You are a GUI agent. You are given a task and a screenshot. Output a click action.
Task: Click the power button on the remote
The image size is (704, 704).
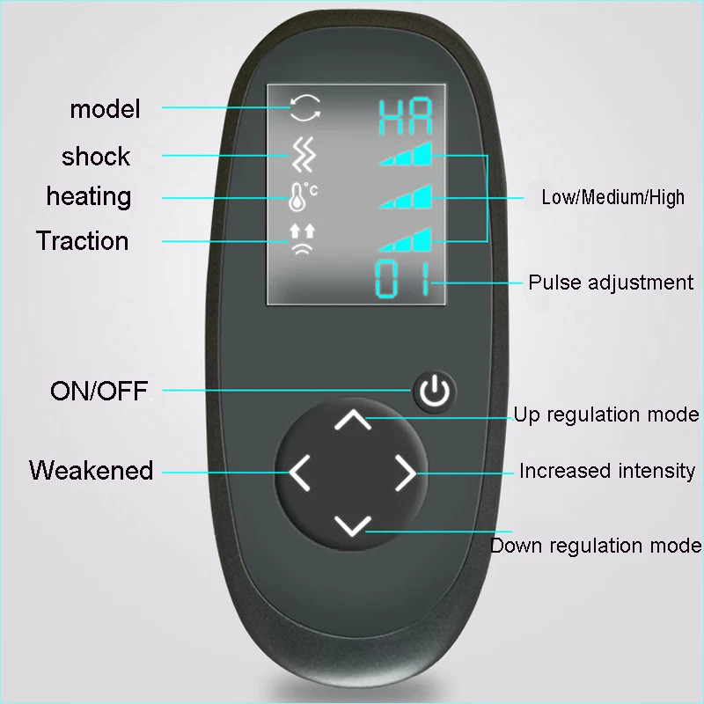pyautogui.click(x=435, y=392)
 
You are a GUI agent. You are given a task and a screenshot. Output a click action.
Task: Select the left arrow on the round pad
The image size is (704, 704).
pyautogui.click(x=299, y=472)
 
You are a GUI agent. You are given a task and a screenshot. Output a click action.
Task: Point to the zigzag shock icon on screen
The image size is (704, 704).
pyautogui.click(x=304, y=155)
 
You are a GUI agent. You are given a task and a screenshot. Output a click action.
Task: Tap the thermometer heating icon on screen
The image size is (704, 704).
pyautogui.click(x=302, y=197)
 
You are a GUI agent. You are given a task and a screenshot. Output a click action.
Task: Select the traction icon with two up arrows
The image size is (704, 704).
pyautogui.click(x=303, y=238)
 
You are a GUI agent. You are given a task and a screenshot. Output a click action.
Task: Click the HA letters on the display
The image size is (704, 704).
pyautogui.click(x=405, y=117)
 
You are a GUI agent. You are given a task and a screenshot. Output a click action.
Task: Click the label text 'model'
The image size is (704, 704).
pyautogui.click(x=105, y=109)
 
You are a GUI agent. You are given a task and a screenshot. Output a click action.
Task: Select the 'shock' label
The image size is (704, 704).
pyautogui.click(x=96, y=157)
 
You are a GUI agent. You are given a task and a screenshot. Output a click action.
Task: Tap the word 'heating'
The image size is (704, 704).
pyautogui.click(x=89, y=196)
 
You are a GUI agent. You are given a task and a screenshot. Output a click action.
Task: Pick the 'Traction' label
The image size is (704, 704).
pyautogui.click(x=83, y=241)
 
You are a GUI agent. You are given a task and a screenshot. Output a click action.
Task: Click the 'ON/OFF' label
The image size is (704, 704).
pyautogui.click(x=99, y=390)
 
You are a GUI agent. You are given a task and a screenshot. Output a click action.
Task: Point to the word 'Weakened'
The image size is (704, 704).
pyautogui.click(x=92, y=471)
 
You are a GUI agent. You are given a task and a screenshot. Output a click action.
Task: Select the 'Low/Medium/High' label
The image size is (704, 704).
pyautogui.click(x=612, y=197)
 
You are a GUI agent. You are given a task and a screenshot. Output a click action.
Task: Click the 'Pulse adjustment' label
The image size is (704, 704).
pyautogui.click(x=611, y=282)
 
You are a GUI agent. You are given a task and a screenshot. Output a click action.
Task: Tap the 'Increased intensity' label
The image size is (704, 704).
pyautogui.click(x=606, y=471)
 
